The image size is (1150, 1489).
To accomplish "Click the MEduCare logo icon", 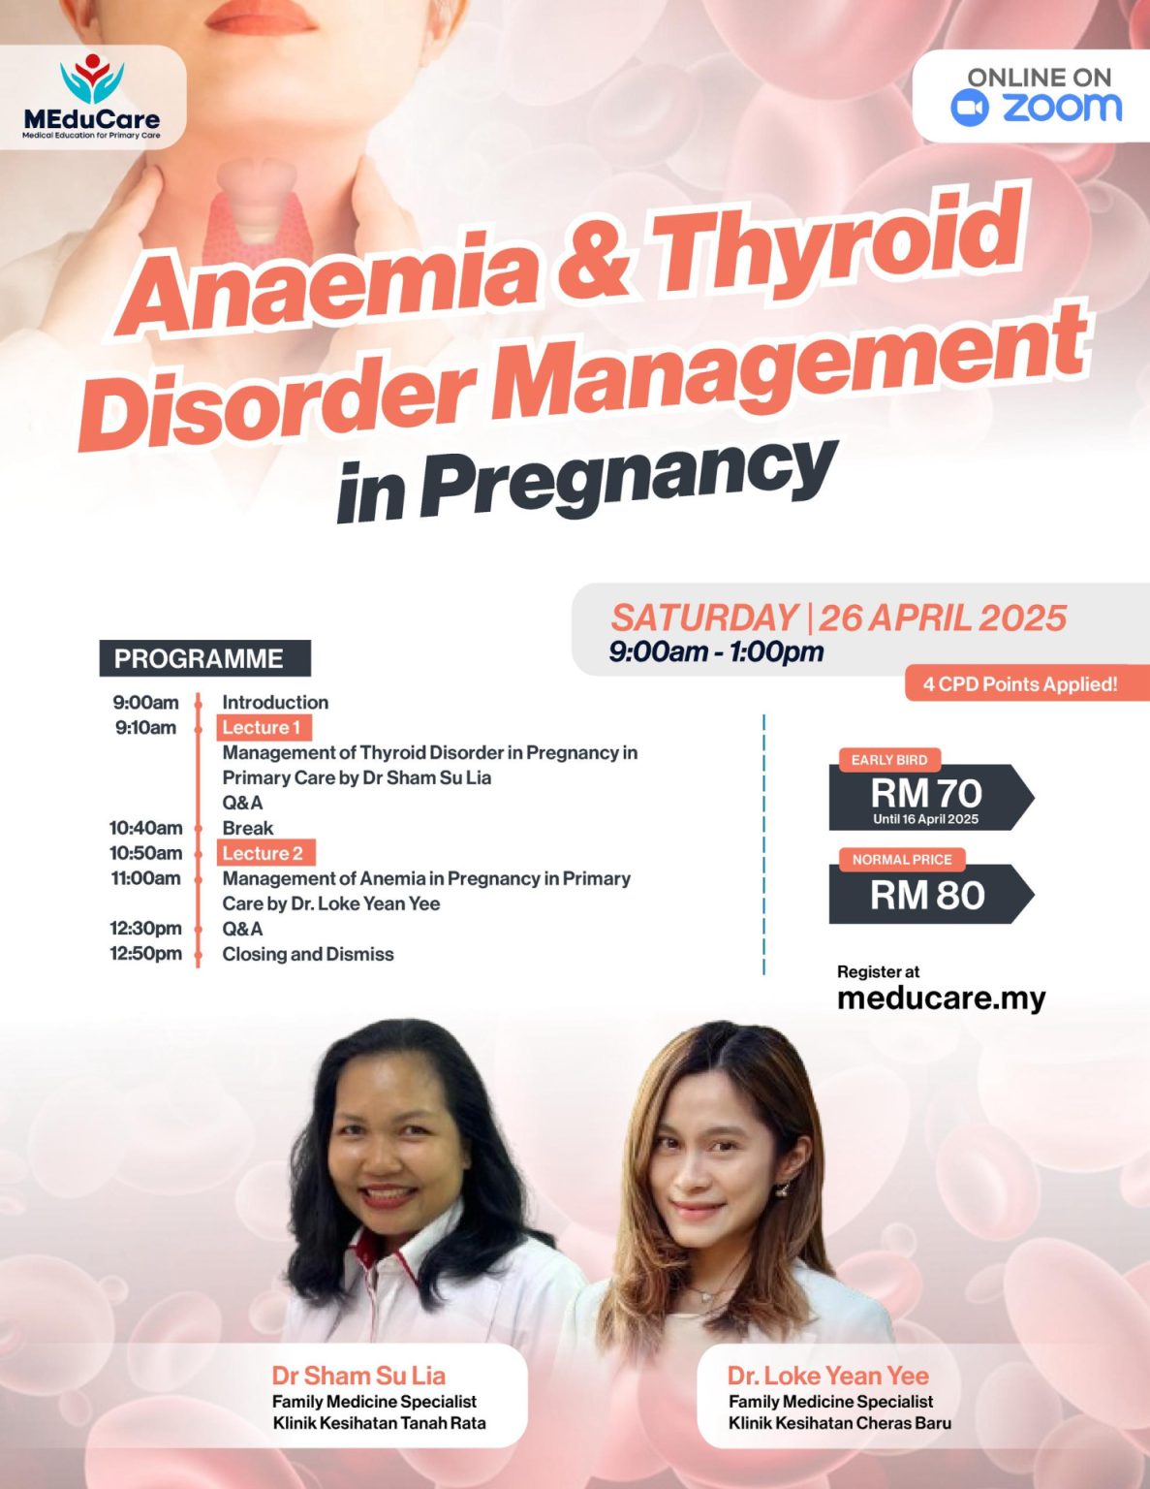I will pyautogui.click(x=92, y=78).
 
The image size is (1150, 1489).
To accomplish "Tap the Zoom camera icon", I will pyautogui.click(x=969, y=108).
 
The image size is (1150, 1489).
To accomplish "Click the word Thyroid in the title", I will pyautogui.click(x=838, y=240).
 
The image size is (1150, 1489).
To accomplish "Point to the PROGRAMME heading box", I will pyautogui.click(x=204, y=658).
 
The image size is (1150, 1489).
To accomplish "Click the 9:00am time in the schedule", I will pyautogui.click(x=145, y=702).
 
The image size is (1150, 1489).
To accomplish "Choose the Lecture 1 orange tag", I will pyautogui.click(x=263, y=727).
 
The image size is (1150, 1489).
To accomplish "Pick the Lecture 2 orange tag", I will pyautogui.click(x=264, y=853).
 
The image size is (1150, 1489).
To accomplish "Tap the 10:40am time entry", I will pyautogui.click(x=145, y=828).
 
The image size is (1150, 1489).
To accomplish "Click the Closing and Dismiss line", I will pyautogui.click(x=308, y=954).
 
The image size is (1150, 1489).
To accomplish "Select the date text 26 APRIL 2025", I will pyautogui.click(x=943, y=618).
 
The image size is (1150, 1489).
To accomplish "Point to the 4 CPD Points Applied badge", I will pyautogui.click(x=1020, y=683).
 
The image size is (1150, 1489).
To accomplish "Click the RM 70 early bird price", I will pyautogui.click(x=926, y=793).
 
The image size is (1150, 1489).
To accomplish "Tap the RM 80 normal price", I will pyautogui.click(x=927, y=895).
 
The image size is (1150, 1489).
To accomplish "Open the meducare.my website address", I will pyautogui.click(x=941, y=998).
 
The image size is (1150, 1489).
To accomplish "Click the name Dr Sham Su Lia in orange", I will pyautogui.click(x=358, y=1376).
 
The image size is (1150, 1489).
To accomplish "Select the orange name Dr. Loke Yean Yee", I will pyautogui.click(x=827, y=1376).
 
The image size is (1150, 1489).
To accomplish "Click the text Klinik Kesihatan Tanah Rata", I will pyautogui.click(x=379, y=1423).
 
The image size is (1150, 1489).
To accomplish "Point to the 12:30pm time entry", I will pyautogui.click(x=145, y=929).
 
